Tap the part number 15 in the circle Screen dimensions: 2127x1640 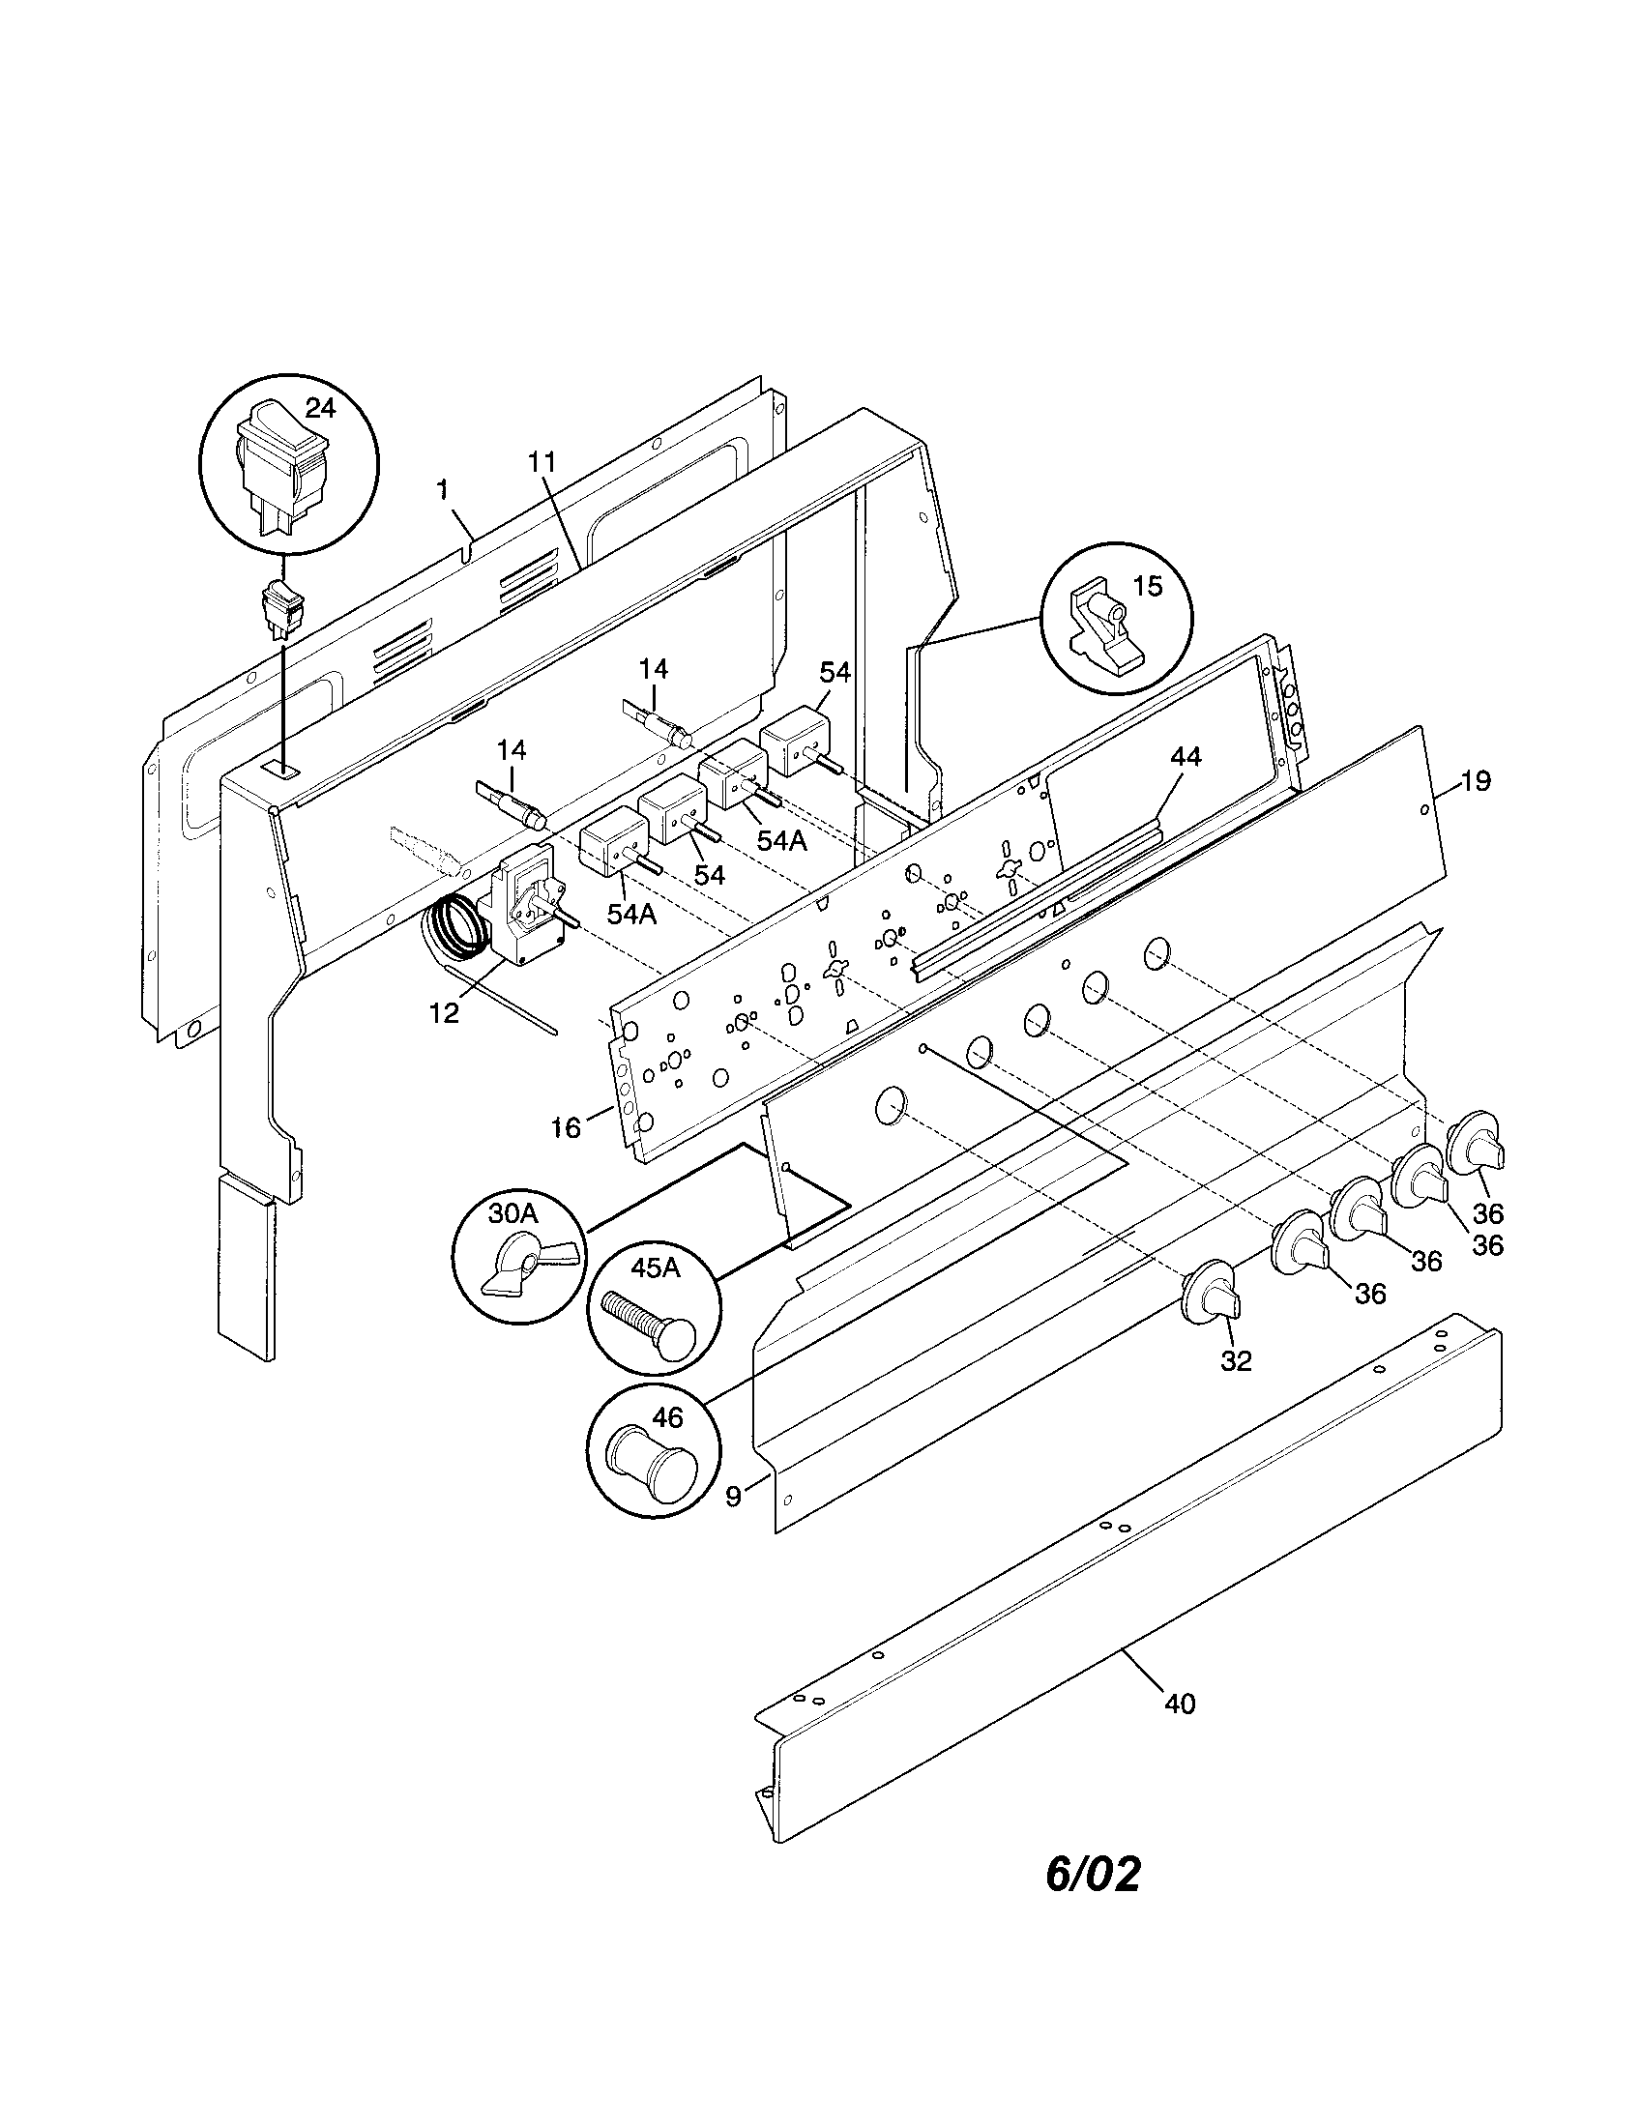(1148, 587)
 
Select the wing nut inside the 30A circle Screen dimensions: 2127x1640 (526, 1267)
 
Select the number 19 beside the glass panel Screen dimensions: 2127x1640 (1476, 781)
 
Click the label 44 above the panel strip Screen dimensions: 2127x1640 (1186, 757)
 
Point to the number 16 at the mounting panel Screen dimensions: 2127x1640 (565, 1126)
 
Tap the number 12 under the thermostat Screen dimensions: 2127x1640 (444, 1013)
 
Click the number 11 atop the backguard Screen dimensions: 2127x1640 (541, 462)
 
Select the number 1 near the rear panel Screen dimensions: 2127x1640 (443, 490)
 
